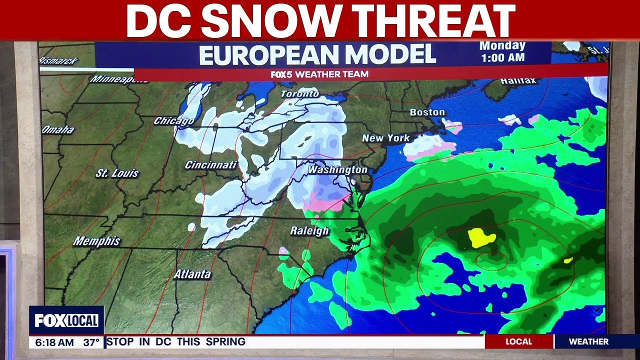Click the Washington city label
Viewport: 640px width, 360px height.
coord(337,170)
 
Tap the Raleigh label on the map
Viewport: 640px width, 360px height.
coord(309,230)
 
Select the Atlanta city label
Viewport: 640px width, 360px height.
coord(192,274)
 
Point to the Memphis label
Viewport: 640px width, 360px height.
coord(96,241)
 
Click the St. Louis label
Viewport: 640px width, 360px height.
coord(117,173)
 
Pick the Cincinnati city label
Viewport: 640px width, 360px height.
coord(210,164)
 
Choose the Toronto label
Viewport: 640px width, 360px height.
coord(299,93)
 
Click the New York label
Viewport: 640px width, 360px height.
coord(385,138)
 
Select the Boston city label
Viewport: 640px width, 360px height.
coord(427,112)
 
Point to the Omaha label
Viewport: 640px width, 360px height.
coord(58,130)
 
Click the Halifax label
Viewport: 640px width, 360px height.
coord(518,80)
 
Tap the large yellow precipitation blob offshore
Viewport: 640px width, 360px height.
coord(481,237)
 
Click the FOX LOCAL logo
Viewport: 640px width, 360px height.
coord(66,320)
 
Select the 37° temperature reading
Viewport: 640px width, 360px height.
coord(91,342)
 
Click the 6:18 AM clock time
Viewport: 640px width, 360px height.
coord(52,342)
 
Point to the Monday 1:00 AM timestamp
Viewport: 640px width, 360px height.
coord(502,51)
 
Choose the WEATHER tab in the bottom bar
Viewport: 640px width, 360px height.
coord(588,341)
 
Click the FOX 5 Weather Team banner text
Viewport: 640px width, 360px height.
coord(319,74)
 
